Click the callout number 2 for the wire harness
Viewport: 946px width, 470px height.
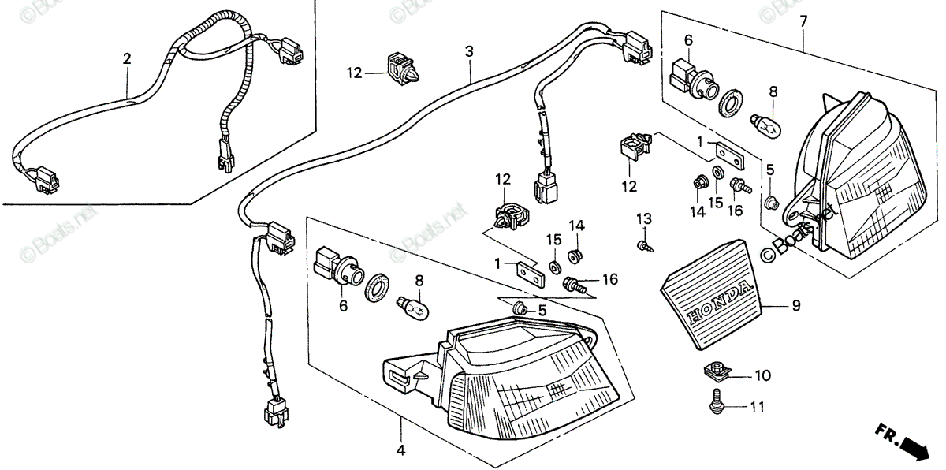(x=127, y=58)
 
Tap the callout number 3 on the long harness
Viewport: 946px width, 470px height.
(x=469, y=51)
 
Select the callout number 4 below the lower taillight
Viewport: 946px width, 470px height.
(x=400, y=450)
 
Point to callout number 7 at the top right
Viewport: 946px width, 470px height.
(x=803, y=21)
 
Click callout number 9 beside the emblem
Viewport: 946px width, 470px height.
(x=796, y=305)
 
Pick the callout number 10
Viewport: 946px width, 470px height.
(x=763, y=375)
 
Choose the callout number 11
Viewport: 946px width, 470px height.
(x=758, y=407)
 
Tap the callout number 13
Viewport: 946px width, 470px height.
(x=644, y=218)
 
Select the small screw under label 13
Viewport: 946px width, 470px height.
(x=645, y=246)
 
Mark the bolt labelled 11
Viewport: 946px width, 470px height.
(x=717, y=401)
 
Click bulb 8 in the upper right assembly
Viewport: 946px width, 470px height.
(x=765, y=125)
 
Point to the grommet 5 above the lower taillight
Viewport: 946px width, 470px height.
(x=520, y=309)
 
